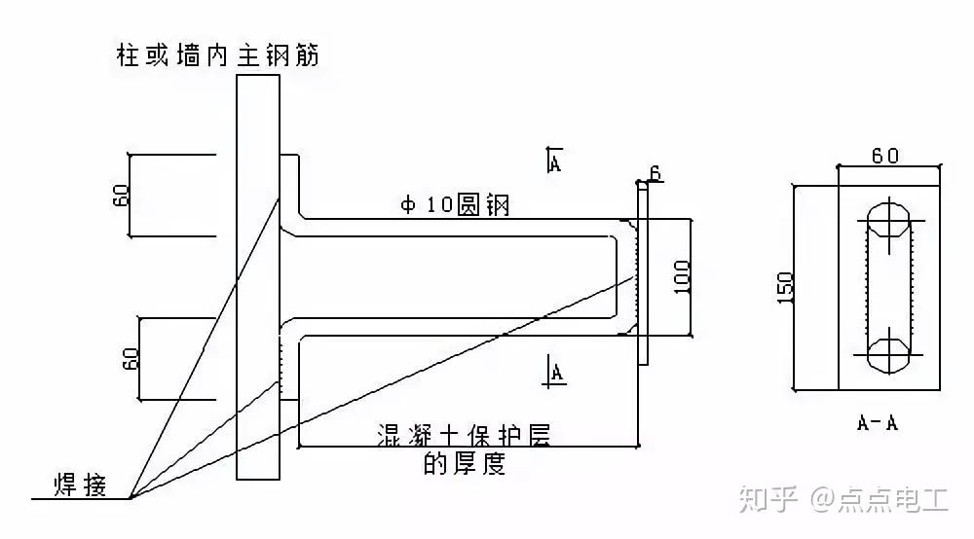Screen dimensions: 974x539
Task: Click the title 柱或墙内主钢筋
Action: tap(218, 55)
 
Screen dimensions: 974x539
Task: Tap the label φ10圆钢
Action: tap(455, 204)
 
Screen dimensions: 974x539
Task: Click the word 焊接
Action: tap(80, 485)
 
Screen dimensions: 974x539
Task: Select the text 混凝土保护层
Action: tap(464, 434)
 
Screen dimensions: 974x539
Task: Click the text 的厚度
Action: tap(464, 463)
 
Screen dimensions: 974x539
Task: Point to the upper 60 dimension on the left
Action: tap(121, 195)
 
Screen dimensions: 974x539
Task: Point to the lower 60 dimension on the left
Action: tap(131, 358)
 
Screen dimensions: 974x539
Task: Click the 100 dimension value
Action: tap(682, 276)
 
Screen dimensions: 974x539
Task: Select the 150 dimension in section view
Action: tap(785, 288)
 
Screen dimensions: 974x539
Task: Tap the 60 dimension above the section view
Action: tap(885, 155)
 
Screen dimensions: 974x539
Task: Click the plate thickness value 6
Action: tap(656, 173)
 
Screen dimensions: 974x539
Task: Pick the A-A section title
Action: tap(878, 423)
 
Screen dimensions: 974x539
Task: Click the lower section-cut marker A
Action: tap(555, 371)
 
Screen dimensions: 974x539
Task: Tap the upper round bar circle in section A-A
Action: tap(889, 219)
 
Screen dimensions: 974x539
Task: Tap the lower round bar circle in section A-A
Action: tap(889, 355)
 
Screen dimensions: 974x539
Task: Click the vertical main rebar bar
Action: tap(258, 277)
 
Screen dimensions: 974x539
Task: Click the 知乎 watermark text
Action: tap(768, 500)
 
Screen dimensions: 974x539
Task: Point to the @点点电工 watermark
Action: tap(879, 500)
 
